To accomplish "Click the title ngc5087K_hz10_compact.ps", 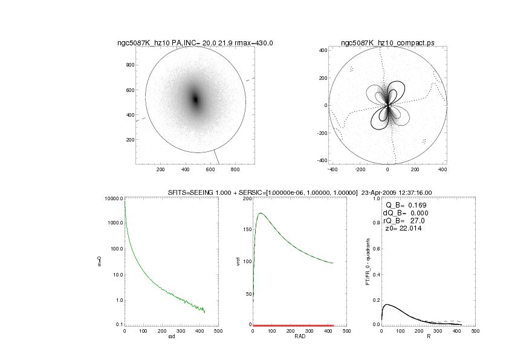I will tap(387, 43).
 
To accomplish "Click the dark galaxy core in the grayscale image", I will tap(195, 99).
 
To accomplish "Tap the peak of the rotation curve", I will tap(261, 213).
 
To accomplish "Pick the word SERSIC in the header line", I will tap(254, 192).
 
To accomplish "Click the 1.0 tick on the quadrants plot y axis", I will tap(376, 198).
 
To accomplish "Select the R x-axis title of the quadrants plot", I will tap(428, 336).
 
